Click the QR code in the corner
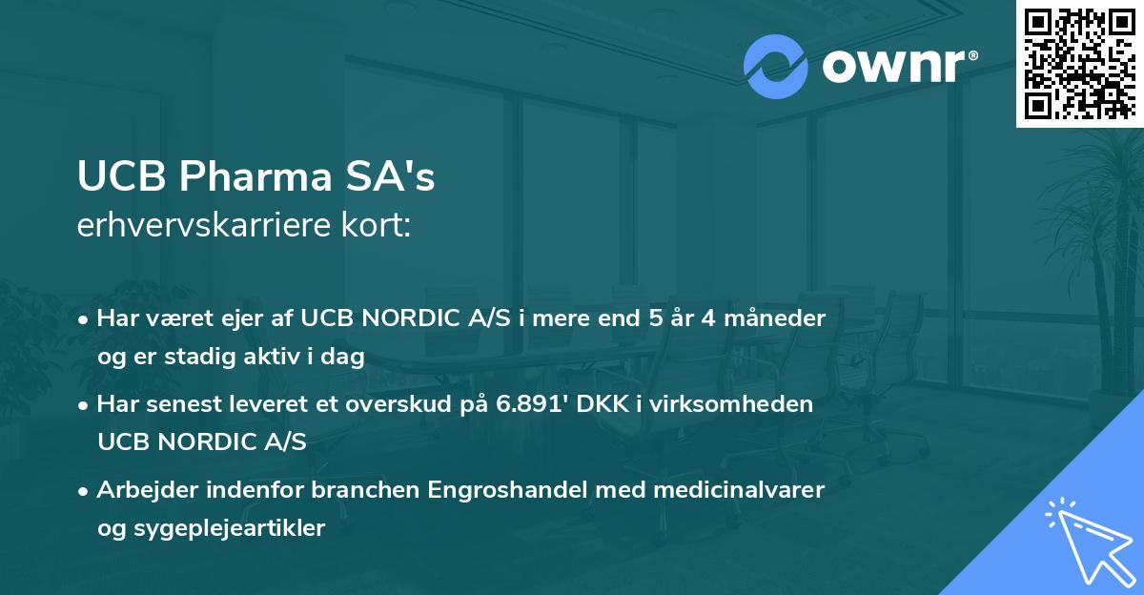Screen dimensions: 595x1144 [x=1079, y=63]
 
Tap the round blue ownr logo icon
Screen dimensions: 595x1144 [x=775, y=67]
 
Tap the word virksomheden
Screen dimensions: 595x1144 [x=755, y=404]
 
